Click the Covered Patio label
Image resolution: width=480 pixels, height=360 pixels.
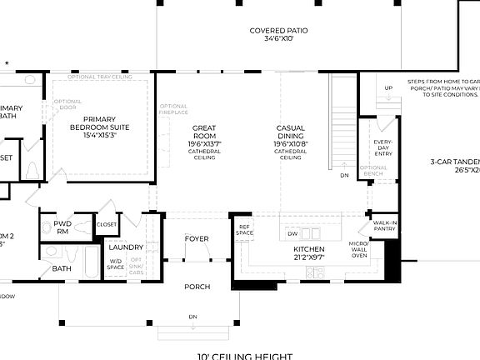click(279, 34)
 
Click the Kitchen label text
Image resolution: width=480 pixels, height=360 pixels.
click(308, 252)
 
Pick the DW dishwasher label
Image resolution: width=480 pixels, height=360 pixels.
click(292, 234)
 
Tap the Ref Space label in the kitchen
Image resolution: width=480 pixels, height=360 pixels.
click(244, 231)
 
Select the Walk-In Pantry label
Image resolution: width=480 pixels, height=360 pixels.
click(384, 225)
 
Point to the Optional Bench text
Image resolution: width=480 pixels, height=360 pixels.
click(373, 171)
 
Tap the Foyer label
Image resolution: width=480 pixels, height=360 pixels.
click(197, 239)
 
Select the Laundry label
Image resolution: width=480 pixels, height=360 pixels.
click(126, 247)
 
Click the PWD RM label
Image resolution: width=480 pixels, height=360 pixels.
click(62, 228)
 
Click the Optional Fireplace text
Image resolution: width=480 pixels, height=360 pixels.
click(173, 109)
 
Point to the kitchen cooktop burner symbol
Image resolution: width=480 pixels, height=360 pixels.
click(315, 272)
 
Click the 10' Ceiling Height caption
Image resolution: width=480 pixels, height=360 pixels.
click(245, 356)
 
